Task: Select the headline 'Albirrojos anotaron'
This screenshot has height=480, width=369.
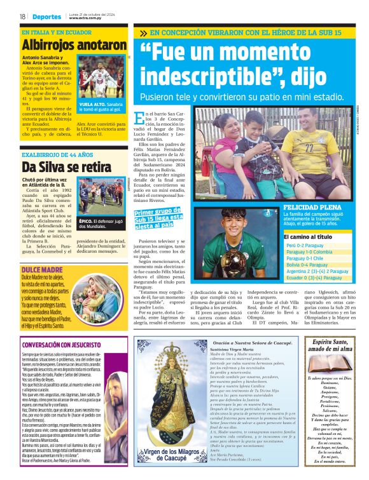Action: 74,45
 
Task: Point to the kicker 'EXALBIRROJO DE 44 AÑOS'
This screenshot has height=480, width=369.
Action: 57,154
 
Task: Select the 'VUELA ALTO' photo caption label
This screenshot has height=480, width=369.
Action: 91,103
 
